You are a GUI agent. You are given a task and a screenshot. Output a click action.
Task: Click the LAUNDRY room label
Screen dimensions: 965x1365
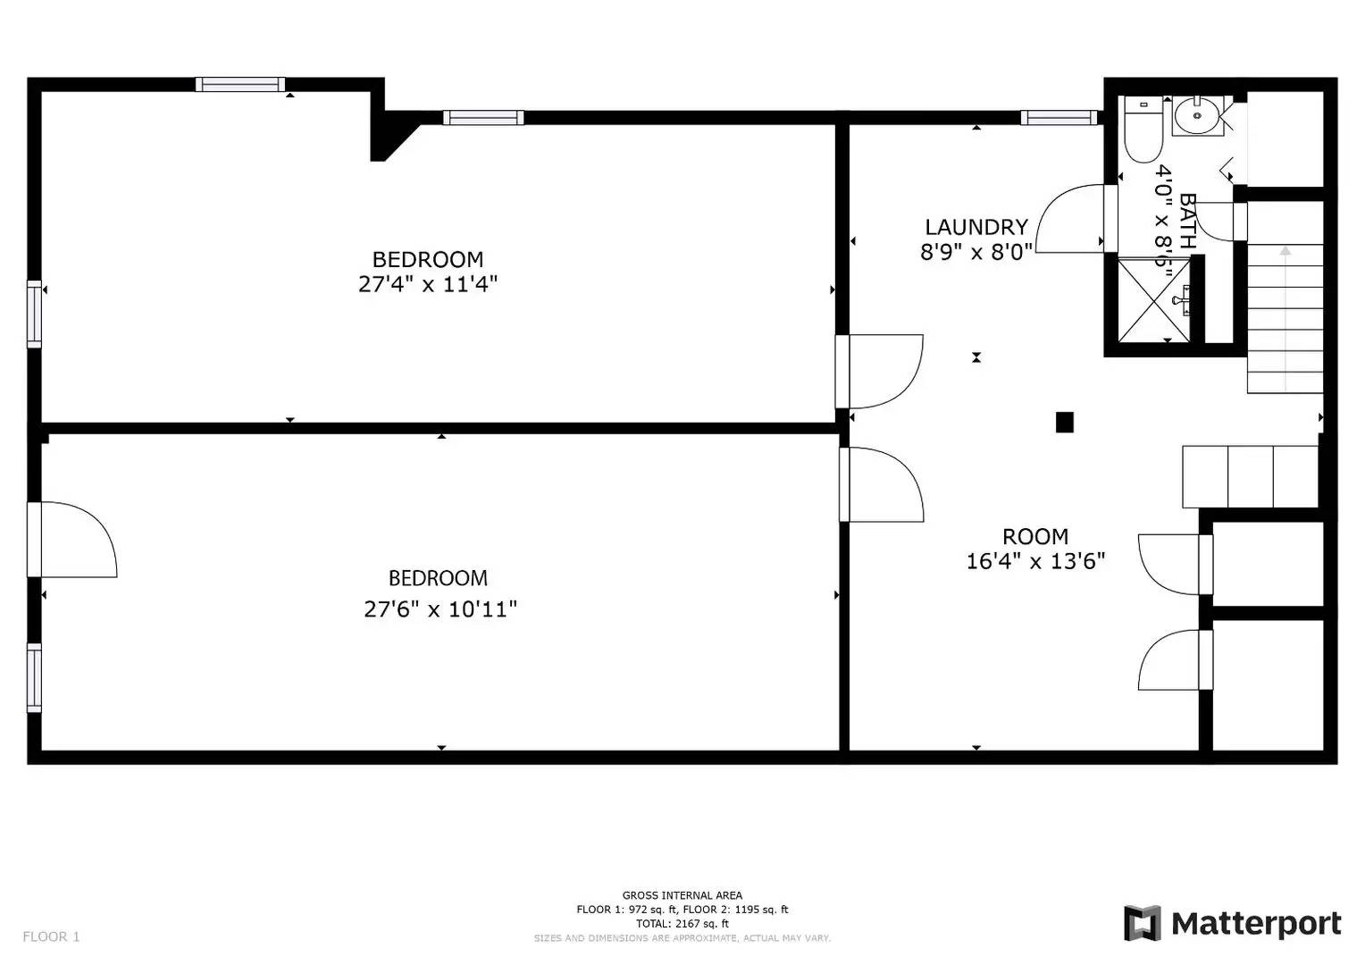click(x=976, y=227)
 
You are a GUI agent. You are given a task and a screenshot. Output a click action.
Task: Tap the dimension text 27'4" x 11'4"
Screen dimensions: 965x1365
click(x=427, y=285)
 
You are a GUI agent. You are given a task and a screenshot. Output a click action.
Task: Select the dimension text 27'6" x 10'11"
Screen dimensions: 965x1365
click(x=440, y=609)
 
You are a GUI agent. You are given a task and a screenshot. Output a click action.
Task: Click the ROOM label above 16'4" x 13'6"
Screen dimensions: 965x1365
click(x=1035, y=537)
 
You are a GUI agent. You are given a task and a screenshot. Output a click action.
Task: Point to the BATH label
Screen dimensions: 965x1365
click(x=1187, y=221)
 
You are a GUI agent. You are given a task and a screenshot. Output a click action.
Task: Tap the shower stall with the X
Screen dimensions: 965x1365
click(x=1153, y=299)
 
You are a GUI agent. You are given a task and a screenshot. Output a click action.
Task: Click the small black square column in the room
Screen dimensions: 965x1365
click(x=1064, y=422)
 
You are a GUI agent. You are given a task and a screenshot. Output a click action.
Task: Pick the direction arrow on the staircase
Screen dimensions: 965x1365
click(x=1285, y=252)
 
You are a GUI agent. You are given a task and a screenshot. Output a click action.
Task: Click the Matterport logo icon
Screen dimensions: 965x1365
click(x=1142, y=923)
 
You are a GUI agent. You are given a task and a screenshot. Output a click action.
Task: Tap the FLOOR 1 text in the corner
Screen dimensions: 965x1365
click(x=51, y=936)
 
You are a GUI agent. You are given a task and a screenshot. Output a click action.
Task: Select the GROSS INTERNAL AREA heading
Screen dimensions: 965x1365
click(x=682, y=895)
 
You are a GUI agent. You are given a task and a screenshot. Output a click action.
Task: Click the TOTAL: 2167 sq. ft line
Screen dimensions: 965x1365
click(x=682, y=924)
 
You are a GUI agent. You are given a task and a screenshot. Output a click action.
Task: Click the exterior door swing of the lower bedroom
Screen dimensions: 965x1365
click(x=76, y=540)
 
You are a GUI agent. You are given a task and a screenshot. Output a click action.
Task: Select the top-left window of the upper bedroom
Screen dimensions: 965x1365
click(x=240, y=85)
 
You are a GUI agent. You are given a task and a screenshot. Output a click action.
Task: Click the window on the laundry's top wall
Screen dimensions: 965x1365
click(x=1058, y=117)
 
